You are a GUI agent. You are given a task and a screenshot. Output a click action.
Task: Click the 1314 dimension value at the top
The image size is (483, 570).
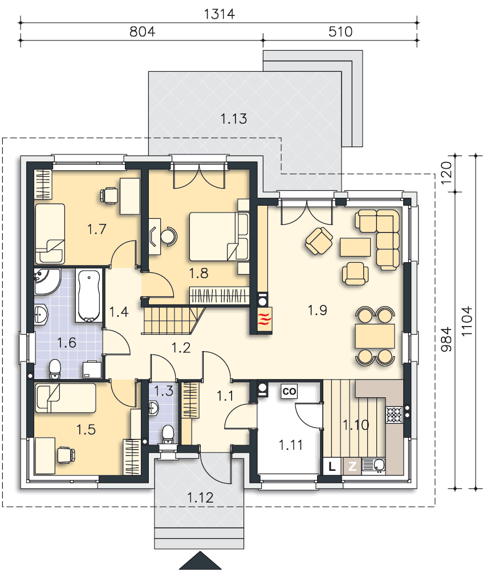pos(219,14)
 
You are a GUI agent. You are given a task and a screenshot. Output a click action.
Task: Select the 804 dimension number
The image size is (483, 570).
pos(142,31)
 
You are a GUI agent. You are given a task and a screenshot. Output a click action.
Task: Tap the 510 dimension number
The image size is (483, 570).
pos(340,31)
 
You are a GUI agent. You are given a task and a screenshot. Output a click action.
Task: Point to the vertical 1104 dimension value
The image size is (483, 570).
pos(466,321)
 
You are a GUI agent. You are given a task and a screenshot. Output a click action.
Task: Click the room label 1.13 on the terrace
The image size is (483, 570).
pos(233,119)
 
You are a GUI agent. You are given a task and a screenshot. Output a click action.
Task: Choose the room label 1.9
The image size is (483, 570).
pos(317,310)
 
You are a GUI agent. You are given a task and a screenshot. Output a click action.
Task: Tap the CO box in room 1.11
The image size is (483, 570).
pos(289,391)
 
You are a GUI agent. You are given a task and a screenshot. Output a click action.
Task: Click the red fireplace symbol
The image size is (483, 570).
pos(265,320)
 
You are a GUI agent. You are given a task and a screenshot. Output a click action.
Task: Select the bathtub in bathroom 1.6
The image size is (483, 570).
pos(89,295)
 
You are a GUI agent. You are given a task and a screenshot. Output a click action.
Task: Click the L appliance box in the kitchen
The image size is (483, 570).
pos(332,466)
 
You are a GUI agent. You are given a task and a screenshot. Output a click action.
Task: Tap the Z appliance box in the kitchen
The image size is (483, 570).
pos(352,466)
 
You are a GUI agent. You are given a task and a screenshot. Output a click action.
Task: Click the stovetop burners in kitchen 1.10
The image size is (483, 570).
pos(393,414)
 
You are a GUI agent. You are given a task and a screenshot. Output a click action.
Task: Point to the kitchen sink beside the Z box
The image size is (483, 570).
pos(374,466)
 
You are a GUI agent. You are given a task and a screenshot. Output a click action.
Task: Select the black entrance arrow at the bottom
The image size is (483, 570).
pos(200,560)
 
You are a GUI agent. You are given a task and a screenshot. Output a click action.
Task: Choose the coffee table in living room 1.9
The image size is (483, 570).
pos(355,247)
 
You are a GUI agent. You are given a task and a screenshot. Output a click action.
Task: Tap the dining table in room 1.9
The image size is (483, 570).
pos(375,336)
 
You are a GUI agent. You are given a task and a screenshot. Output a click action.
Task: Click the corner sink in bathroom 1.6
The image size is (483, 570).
pos(47,282)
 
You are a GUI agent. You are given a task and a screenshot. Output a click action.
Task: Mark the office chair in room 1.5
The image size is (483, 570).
pos(66,455)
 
